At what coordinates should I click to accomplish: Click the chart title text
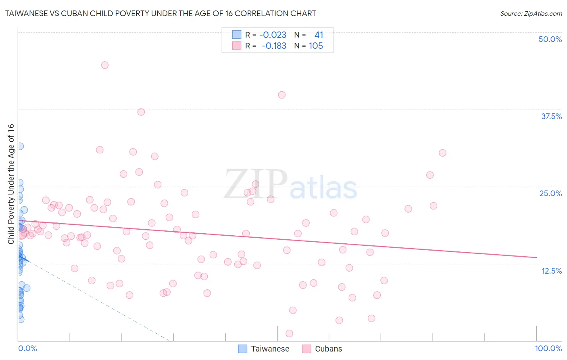(160, 13)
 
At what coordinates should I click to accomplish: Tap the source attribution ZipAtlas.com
(531, 13)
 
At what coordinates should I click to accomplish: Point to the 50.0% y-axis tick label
(550, 39)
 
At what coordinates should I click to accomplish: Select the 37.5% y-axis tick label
(551, 116)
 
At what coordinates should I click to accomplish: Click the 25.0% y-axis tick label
(550, 193)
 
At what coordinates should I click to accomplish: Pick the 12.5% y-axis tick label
(551, 271)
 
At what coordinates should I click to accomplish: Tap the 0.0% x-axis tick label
(27, 348)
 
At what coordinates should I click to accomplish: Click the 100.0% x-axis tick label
(548, 348)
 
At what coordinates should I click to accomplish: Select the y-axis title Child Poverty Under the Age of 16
(11, 184)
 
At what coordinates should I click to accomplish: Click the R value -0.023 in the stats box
(273, 35)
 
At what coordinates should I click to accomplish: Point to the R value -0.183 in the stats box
(274, 46)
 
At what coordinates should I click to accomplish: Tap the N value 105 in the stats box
(316, 46)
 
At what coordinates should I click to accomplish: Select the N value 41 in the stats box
(319, 35)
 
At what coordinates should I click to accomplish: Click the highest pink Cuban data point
(105, 65)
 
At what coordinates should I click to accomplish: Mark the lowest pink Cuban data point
(289, 333)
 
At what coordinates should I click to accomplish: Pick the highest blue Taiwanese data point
(20, 146)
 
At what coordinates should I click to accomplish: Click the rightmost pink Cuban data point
(442, 153)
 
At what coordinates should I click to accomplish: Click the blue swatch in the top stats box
(237, 35)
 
